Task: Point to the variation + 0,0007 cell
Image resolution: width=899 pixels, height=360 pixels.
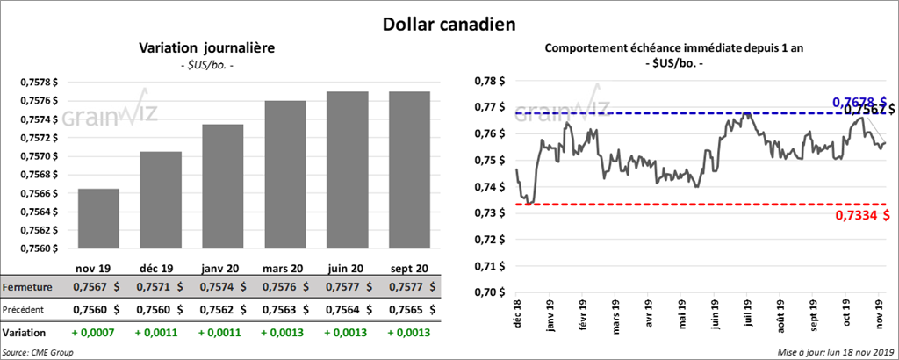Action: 91,333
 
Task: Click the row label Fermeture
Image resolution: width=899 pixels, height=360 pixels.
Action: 27,287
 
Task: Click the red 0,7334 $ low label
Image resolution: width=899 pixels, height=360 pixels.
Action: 859,214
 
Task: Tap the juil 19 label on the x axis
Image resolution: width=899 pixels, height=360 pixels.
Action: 748,314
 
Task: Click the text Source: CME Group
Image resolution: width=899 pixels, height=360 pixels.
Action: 37,352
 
